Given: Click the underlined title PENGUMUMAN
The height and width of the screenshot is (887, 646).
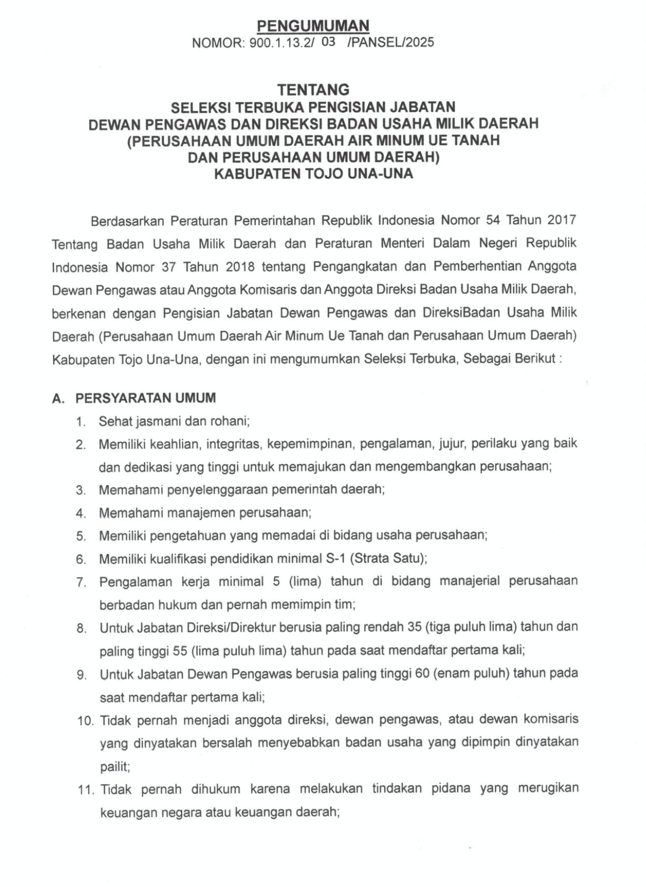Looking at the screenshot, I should click(x=313, y=25).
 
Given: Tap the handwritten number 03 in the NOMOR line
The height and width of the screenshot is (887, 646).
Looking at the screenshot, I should click(x=329, y=42).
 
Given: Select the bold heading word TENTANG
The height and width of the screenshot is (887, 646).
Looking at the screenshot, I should click(x=313, y=90).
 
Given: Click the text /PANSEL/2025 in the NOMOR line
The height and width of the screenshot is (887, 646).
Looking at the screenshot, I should click(x=390, y=42).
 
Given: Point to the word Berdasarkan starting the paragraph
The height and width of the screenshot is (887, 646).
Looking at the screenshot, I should click(x=127, y=221).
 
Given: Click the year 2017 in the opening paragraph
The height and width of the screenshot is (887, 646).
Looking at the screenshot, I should click(x=562, y=220).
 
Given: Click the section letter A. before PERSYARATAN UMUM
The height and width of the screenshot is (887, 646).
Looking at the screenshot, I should click(x=58, y=398).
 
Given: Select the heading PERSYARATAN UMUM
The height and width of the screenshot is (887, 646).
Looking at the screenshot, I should click(x=145, y=398).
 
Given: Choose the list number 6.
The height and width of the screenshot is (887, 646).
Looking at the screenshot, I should click(x=81, y=559).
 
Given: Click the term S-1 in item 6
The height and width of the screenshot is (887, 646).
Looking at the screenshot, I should click(x=335, y=558).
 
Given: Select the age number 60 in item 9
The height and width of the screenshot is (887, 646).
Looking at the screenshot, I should click(x=422, y=673).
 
